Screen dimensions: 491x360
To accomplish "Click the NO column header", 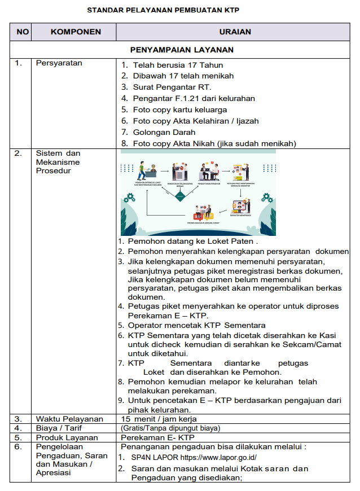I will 23,32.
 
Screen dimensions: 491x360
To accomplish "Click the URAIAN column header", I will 236,32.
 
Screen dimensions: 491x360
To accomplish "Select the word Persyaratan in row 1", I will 59,63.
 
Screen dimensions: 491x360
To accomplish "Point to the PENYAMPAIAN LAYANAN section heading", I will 182,50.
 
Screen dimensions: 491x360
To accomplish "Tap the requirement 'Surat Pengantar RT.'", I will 172,87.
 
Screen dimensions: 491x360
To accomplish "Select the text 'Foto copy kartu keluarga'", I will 180,109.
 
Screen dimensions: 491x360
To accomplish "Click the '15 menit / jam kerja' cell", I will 159,419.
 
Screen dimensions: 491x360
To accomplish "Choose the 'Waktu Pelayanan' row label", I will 69,419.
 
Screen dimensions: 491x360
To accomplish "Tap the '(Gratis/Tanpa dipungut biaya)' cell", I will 170,428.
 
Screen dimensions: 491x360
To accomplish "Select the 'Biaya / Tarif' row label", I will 60,428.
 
